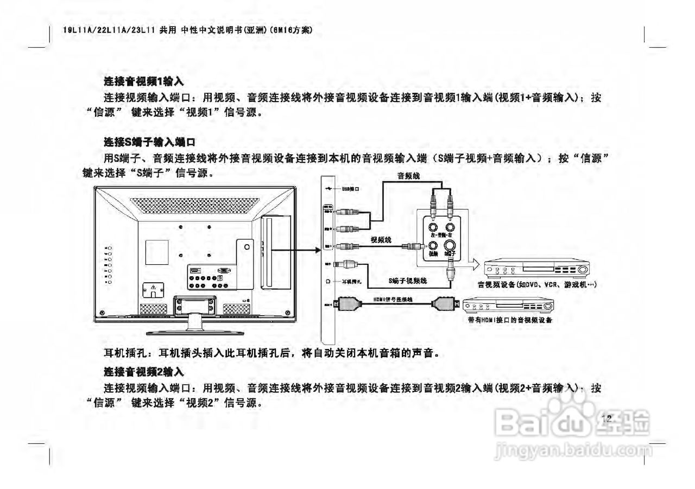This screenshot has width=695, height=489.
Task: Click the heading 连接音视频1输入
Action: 144,82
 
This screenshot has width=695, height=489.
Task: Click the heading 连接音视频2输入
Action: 144,372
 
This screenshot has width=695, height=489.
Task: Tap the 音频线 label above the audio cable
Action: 409,176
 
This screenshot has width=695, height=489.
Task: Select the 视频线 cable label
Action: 381,239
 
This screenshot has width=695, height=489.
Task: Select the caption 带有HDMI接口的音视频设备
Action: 510,320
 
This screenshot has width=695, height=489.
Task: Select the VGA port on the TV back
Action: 223,270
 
